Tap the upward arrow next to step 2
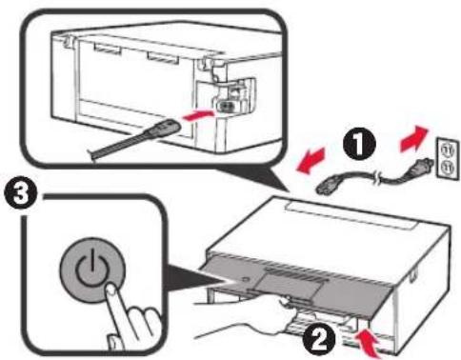(x=367, y=338)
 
